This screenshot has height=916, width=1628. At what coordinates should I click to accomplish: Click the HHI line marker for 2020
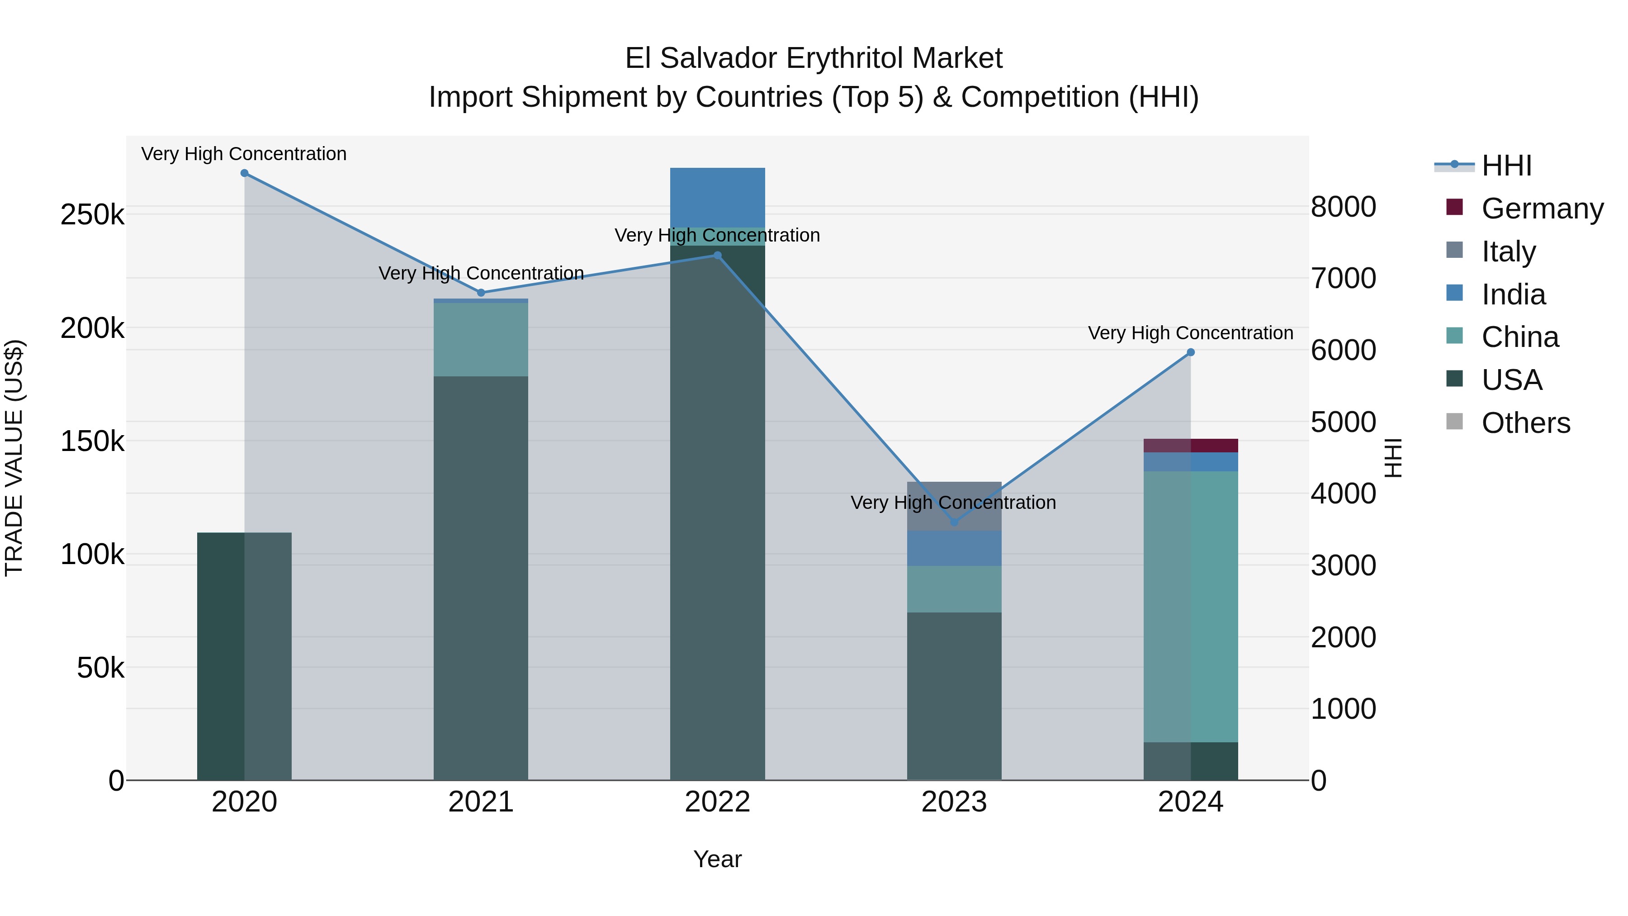point(245,173)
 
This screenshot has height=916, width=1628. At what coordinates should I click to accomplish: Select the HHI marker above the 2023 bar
point(954,522)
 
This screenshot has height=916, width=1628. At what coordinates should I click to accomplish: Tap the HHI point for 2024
point(1191,352)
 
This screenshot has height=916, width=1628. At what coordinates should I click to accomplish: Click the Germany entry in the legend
point(1542,209)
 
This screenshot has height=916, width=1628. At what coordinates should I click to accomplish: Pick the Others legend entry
point(1526,423)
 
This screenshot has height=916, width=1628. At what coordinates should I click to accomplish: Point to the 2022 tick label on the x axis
point(717,802)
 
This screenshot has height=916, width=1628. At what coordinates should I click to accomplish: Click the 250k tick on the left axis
point(92,215)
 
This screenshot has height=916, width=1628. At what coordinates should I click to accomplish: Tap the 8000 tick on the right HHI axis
point(1344,207)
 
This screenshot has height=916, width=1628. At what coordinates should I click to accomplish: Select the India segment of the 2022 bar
point(717,197)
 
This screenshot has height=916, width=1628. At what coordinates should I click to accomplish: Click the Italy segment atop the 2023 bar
point(954,506)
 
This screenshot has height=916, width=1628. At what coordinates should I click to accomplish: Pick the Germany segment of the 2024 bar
point(1191,445)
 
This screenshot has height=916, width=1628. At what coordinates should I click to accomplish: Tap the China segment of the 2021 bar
point(481,339)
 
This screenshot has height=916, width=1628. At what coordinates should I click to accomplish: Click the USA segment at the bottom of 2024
point(1191,761)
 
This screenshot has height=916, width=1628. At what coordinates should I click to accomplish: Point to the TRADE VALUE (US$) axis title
point(14,458)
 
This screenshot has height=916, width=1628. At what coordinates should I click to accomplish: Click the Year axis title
point(717,859)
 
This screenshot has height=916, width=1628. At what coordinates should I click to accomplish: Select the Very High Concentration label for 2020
point(244,154)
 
